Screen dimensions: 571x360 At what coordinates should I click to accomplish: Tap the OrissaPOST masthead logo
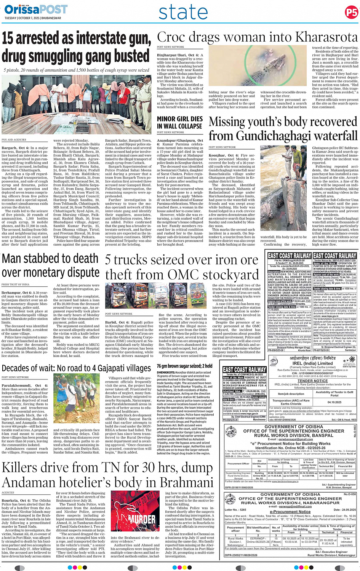(36, 10)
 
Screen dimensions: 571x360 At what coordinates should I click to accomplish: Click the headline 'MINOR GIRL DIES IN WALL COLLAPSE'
(180, 123)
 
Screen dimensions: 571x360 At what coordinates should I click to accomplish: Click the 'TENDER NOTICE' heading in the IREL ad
(312, 381)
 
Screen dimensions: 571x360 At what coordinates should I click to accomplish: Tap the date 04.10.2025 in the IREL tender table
(334, 402)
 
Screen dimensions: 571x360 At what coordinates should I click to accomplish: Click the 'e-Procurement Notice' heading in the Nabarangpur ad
(290, 512)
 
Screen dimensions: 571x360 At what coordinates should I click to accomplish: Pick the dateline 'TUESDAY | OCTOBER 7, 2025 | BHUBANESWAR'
(33, 18)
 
